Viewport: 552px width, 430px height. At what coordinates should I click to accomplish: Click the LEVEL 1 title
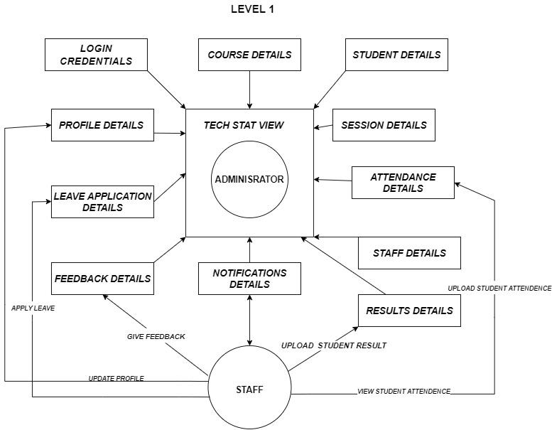point(252,9)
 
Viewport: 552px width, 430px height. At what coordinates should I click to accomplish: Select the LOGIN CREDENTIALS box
point(96,55)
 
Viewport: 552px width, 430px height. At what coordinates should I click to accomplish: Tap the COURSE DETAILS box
point(249,55)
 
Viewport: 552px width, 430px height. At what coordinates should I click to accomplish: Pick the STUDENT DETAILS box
point(396,55)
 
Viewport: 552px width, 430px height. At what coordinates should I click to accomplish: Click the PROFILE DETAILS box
point(102,125)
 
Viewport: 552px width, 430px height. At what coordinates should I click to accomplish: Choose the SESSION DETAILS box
point(384,125)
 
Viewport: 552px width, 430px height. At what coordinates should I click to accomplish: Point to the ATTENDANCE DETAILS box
point(403,183)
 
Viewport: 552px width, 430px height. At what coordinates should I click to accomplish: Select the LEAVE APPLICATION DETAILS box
point(102,202)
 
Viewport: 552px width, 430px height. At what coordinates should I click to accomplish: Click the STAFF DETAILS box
point(409,253)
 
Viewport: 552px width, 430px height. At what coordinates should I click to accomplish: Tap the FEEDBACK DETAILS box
point(102,279)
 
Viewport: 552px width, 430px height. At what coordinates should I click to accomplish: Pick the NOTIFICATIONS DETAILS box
point(249,279)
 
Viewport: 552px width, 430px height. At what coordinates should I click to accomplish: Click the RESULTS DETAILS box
point(409,311)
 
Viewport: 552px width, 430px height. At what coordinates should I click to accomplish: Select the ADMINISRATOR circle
point(249,179)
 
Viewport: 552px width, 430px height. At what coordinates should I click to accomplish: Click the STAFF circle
point(249,387)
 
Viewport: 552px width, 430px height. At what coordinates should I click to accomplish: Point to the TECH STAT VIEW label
point(244,125)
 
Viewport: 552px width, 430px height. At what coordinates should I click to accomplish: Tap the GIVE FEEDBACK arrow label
point(156,337)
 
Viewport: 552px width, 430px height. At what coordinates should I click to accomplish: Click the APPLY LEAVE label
point(33,308)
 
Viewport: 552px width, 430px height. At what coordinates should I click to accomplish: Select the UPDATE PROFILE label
point(117,379)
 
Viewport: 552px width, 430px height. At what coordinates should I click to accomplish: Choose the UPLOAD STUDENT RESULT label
point(334,345)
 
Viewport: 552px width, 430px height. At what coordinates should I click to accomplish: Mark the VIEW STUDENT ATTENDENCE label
point(404,391)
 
